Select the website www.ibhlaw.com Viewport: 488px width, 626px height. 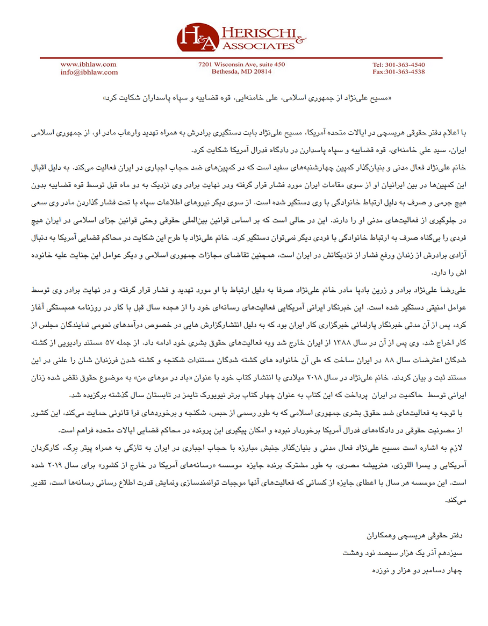click(x=88, y=64)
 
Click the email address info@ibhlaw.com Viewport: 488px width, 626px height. click(x=89, y=72)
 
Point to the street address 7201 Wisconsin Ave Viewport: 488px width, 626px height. click(x=241, y=64)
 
